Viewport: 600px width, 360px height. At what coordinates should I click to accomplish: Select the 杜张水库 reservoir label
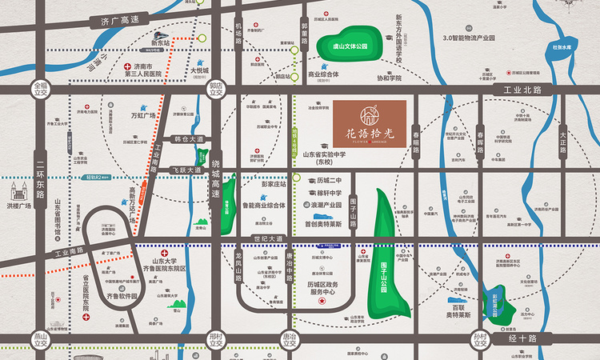(563, 47)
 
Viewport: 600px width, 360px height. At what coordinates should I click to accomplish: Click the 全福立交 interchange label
(41, 87)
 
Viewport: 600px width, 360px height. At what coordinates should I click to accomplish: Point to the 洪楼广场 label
(18, 206)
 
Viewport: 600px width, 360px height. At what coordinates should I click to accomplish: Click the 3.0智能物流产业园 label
(481, 38)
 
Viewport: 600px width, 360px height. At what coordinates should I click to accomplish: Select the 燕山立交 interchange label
(41, 341)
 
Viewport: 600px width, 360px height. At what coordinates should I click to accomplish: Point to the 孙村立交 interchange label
(481, 341)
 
